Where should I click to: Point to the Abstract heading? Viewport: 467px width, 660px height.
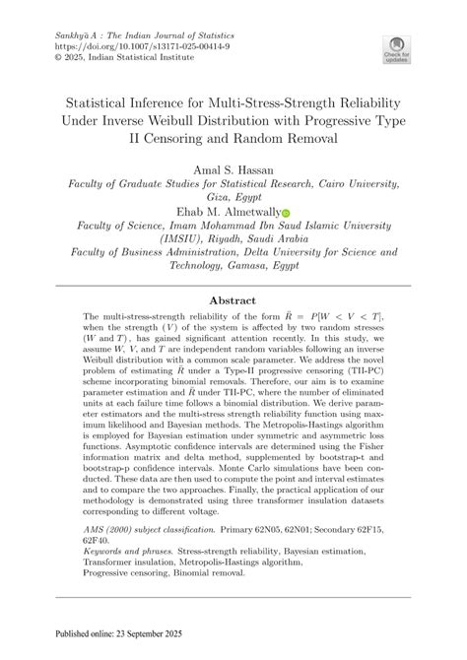[x=233, y=299]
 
